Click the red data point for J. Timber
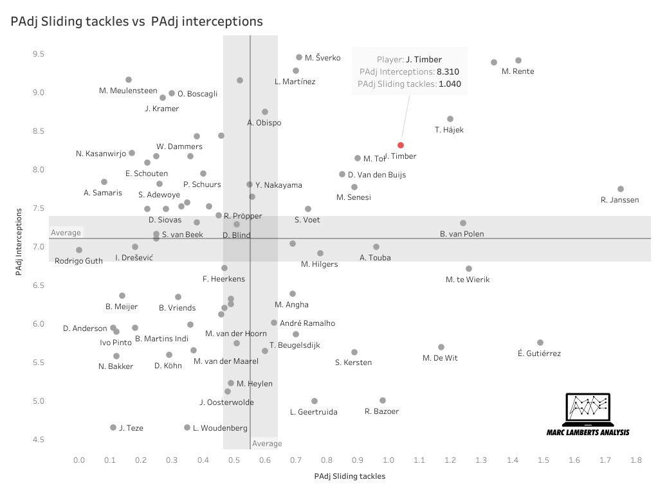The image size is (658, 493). pyautogui.click(x=401, y=145)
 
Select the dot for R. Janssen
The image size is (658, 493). pyautogui.click(x=621, y=189)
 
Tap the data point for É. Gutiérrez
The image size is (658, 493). pyautogui.click(x=540, y=343)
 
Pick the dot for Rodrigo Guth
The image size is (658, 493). pyautogui.click(x=79, y=250)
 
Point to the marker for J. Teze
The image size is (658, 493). pyautogui.click(x=113, y=427)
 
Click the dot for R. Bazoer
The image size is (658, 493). pyautogui.click(x=383, y=400)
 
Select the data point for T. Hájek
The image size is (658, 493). pyautogui.click(x=450, y=119)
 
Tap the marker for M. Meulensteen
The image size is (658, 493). pyautogui.click(x=129, y=80)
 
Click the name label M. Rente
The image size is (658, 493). pyautogui.click(x=518, y=71)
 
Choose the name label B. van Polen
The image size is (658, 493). pyautogui.click(x=462, y=234)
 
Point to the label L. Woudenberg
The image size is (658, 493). pyautogui.click(x=220, y=428)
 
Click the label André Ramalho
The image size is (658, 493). pyautogui.click(x=307, y=323)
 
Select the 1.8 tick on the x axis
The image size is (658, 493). pyautogui.click(x=636, y=461)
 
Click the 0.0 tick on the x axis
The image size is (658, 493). pyautogui.click(x=79, y=461)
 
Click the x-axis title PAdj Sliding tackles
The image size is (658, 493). pyautogui.click(x=350, y=476)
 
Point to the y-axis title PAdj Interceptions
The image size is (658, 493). pyautogui.click(x=20, y=241)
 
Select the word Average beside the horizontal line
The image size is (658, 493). pyautogui.click(x=66, y=233)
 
